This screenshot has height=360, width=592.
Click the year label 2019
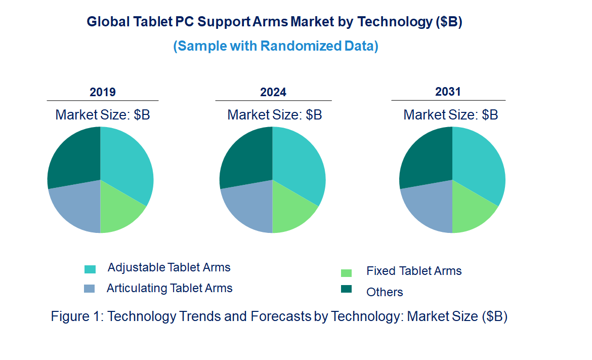tap(103, 92)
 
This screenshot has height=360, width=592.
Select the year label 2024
tap(273, 92)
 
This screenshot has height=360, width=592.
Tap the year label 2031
tap(448, 92)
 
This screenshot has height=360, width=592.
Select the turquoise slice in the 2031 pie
tap(479, 167)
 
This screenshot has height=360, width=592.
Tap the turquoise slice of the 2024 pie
tap(299, 167)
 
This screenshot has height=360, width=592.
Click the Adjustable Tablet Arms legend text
tap(169, 267)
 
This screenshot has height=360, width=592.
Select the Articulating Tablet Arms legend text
tap(170, 289)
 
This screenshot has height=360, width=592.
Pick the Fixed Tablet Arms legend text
tap(414, 271)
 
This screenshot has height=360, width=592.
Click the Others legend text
tap(385, 292)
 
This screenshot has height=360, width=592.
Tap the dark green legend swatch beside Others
tap(346, 289)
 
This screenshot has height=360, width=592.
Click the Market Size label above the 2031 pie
tap(450, 115)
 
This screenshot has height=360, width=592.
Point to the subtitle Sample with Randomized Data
tap(276, 46)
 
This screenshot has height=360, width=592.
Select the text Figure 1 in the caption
tap(75, 317)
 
